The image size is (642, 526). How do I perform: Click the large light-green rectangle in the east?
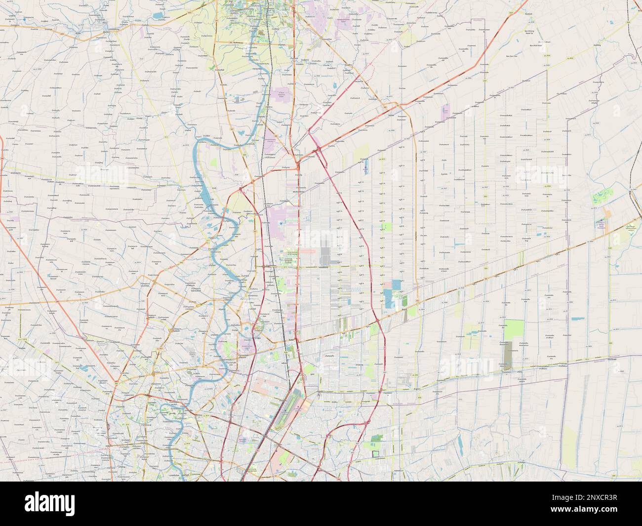tap(514, 328)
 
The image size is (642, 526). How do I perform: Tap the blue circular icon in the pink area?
tap(281, 224)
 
